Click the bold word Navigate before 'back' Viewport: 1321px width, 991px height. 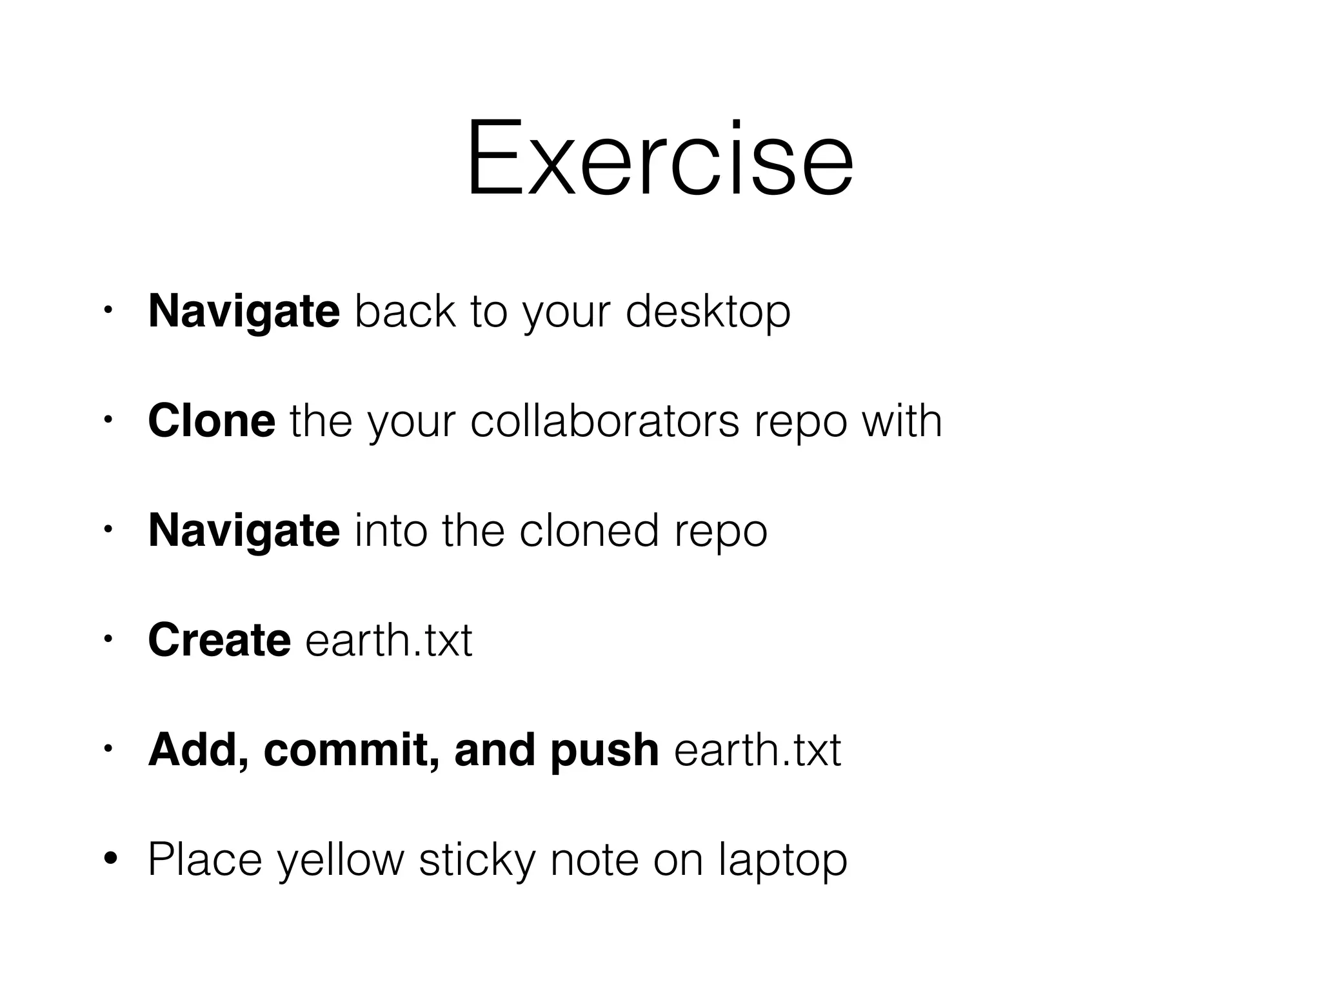244,312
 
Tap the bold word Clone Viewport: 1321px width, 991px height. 212,421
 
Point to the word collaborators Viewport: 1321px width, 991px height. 604,421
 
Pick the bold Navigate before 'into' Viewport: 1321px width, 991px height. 244,531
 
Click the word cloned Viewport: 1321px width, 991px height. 589,531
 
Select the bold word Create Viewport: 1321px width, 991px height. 219,641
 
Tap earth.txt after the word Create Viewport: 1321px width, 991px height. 389,641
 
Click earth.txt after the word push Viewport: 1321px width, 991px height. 757,750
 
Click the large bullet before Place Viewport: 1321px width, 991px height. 110,859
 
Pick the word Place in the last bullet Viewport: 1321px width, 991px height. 205,859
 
